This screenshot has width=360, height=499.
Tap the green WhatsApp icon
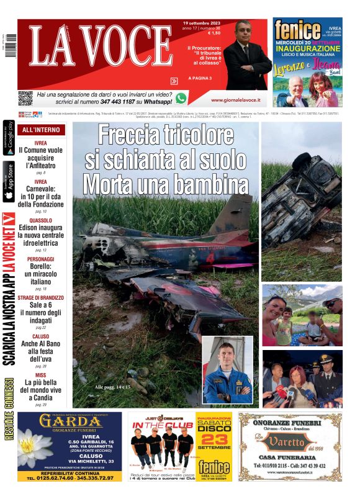[x=181, y=97]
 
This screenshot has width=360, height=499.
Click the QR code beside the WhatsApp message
[x=25, y=97]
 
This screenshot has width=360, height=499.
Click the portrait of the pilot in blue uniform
[x=227, y=370]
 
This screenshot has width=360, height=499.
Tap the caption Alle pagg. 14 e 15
[x=113, y=387]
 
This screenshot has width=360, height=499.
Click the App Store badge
[x=9, y=182]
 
